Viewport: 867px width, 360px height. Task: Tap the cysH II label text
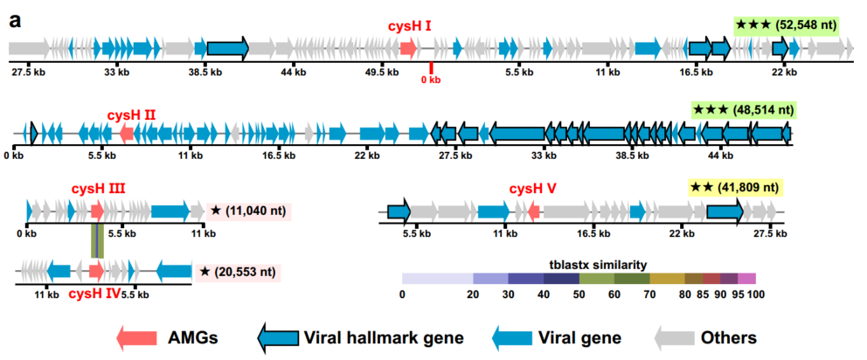pos(131,114)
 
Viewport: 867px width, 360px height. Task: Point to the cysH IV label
pos(94,294)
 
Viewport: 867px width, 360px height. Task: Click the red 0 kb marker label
pos(430,80)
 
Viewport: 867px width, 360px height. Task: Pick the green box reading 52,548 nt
pos(786,24)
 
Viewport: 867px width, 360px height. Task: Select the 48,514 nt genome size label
pos(742,110)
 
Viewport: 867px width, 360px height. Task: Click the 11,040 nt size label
pos(247,211)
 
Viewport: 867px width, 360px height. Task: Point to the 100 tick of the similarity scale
pos(756,294)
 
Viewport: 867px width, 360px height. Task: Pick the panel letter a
pos(16,20)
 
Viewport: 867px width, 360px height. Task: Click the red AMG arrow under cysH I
pos(407,46)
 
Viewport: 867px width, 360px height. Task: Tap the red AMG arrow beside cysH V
pos(533,211)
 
